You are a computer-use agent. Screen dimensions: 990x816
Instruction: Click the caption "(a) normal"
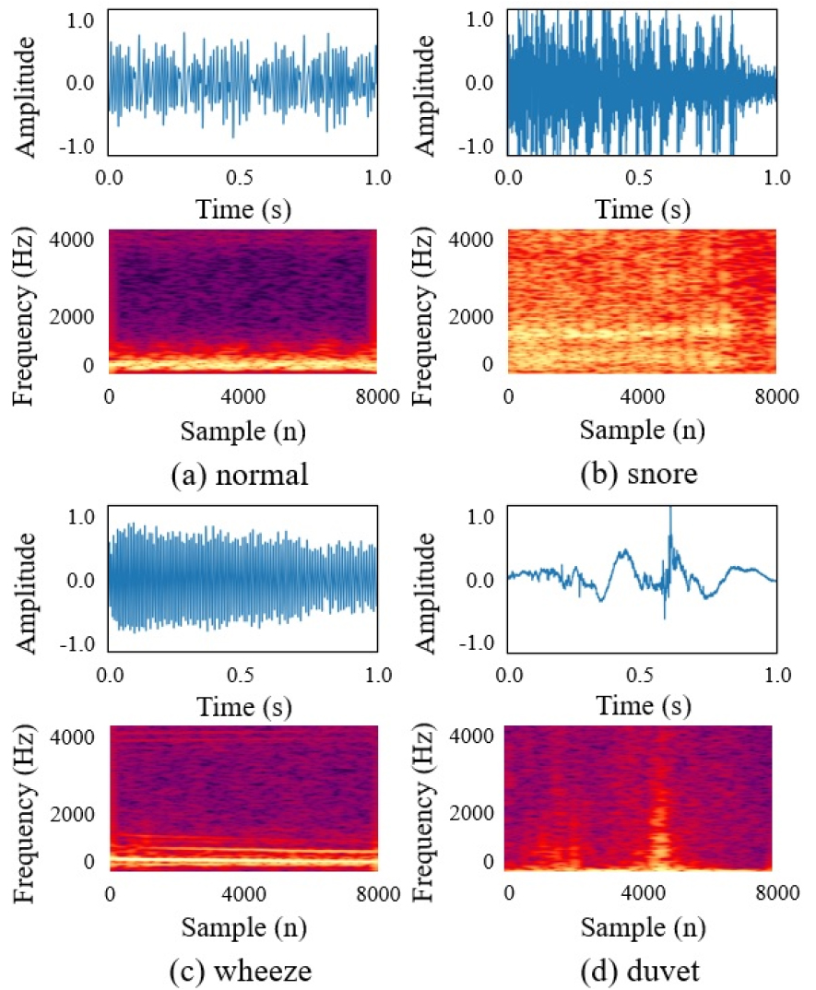[240, 476]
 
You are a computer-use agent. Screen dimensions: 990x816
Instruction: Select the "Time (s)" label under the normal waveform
[242, 209]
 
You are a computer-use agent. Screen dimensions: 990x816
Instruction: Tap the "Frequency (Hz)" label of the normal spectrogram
[28, 300]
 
